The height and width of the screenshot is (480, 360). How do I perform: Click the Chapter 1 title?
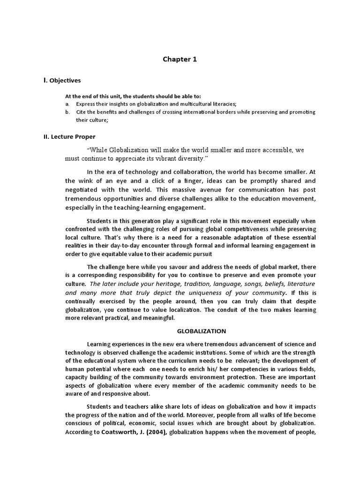(180, 59)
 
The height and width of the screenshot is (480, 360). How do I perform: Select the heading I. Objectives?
(62, 80)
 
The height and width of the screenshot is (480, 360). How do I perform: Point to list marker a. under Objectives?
(67, 104)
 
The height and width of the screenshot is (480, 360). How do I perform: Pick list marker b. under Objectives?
(67, 112)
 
